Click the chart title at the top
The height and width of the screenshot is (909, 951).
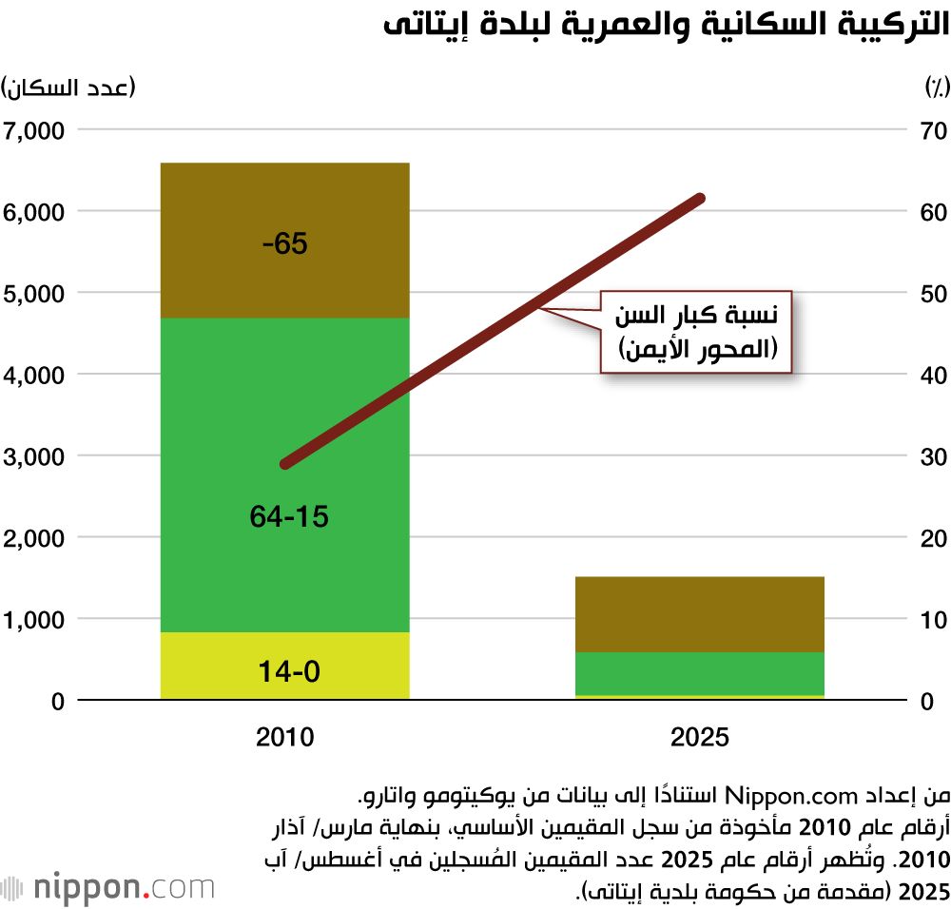[667, 27]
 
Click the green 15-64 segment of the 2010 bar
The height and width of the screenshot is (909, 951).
[284, 475]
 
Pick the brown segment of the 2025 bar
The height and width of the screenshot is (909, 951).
[700, 614]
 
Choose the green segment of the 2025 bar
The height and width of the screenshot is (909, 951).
[700, 673]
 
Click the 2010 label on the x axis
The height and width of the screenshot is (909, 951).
[284, 737]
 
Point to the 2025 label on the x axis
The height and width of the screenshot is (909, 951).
[700, 737]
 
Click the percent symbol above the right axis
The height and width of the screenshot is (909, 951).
[936, 88]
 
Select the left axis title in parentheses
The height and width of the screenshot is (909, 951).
[68, 88]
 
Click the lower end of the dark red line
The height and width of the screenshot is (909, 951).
[285, 464]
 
